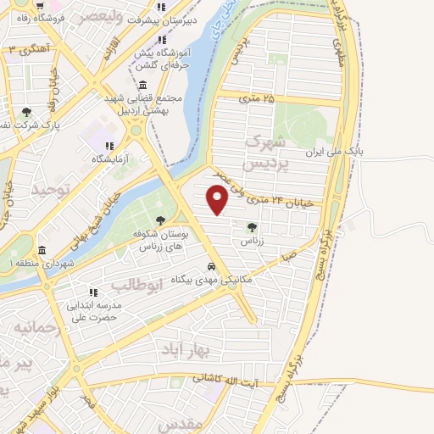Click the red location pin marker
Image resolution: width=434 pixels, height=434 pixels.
218,198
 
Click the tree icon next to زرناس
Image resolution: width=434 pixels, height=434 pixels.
252,226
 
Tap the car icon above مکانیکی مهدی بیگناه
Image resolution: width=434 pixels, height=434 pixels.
212,267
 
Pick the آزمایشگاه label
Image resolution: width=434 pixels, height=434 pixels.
111,159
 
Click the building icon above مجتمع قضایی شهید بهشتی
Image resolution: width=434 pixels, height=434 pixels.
142,86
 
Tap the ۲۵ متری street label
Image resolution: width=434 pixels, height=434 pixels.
259,99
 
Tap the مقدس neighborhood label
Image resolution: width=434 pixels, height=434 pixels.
181,422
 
